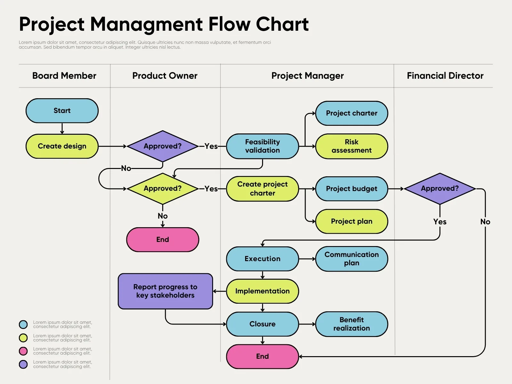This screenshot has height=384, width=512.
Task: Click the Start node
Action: [62, 111]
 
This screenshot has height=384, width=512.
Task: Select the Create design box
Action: [62, 146]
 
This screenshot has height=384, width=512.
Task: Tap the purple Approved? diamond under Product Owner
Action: [163, 146]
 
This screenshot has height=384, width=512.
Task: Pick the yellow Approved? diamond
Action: [163, 188]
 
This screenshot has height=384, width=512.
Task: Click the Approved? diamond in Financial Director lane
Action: [440, 188]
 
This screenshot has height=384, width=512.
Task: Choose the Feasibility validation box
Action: [262, 146]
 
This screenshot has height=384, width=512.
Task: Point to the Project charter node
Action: [351, 113]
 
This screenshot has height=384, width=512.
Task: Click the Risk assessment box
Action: [351, 146]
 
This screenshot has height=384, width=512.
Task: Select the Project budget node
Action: [351, 189]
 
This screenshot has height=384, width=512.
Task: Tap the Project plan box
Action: [351, 221]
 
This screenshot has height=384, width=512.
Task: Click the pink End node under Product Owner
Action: [163, 240]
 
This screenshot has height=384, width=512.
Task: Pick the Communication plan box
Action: [351, 259]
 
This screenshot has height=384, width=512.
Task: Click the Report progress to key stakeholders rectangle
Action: [165, 291]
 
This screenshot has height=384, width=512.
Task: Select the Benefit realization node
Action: [351, 324]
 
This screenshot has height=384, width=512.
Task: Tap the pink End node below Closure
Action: [262, 356]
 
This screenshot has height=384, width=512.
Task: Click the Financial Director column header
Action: [445, 76]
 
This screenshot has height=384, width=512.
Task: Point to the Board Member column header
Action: [64, 76]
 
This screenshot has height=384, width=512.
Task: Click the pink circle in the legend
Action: [23, 351]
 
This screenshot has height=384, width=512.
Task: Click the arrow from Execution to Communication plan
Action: [307, 259]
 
